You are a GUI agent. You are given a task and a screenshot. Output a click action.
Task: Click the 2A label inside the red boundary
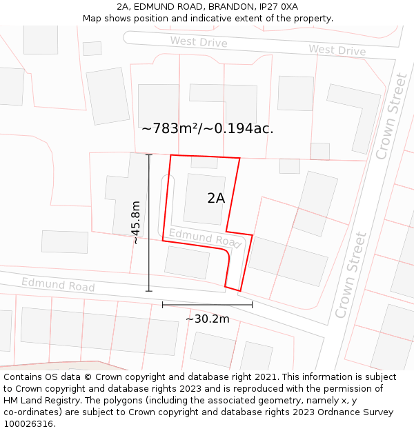[x=216, y=198]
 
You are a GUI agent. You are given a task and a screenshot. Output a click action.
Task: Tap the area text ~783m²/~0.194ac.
[x=207, y=128]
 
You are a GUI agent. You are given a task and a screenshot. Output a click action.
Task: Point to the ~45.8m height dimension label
[x=136, y=223]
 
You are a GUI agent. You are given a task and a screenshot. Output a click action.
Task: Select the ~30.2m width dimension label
[x=207, y=319]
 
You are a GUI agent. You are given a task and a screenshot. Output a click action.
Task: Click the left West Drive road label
[x=199, y=42]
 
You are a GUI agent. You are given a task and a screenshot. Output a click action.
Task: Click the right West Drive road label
[x=337, y=50]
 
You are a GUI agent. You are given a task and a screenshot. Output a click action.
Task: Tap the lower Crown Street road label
[x=351, y=274]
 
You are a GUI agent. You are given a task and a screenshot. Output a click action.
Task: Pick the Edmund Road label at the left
[x=58, y=284]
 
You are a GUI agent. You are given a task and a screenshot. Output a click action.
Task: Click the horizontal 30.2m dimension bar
[x=207, y=304]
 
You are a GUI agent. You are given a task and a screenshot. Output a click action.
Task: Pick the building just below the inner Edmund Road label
[x=187, y=262]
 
